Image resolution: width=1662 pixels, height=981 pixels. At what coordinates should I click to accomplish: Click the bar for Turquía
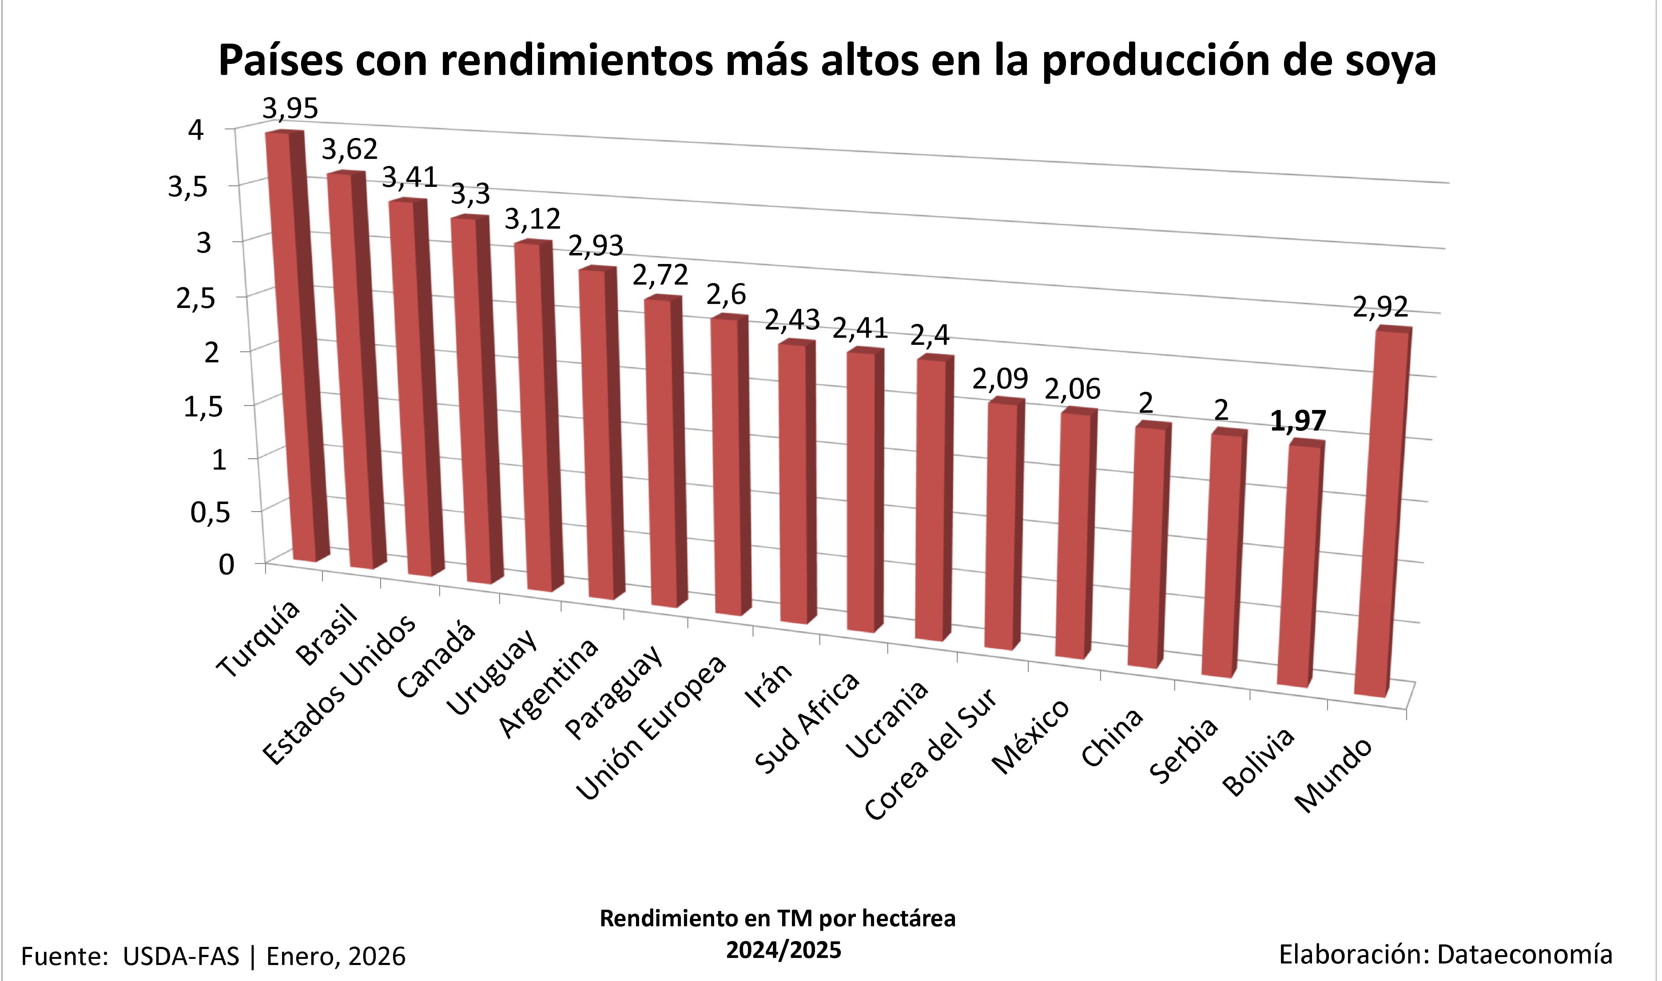tap(291, 344)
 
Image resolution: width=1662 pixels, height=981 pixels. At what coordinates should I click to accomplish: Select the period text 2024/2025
tap(784, 950)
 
